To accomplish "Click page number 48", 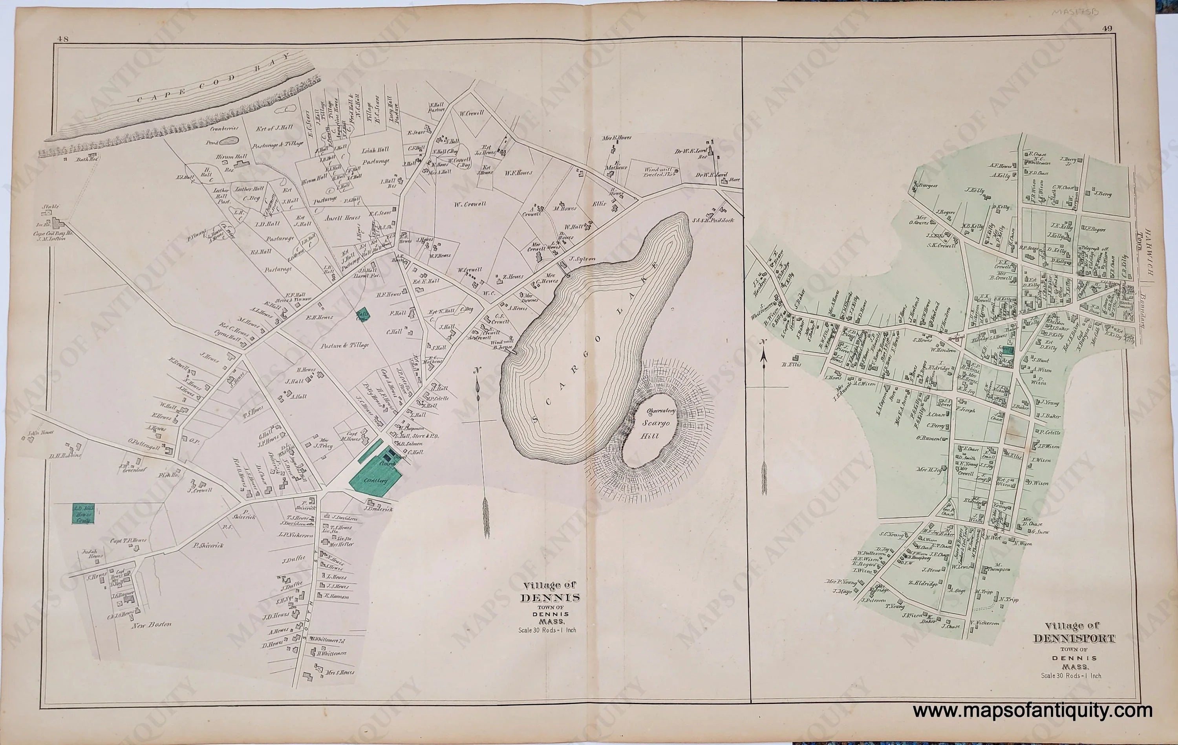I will click(62, 40).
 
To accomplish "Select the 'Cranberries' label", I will click(225, 128).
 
